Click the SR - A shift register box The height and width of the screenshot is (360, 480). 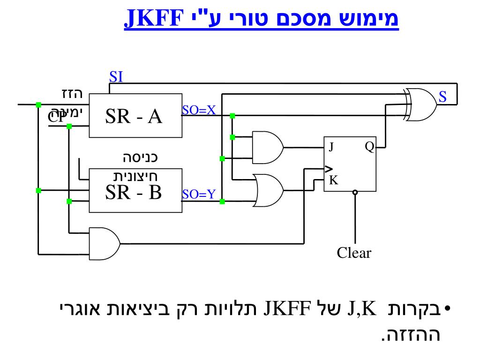pos(135,115)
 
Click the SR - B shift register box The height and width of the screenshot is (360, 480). pos(135,190)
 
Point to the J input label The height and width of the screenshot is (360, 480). pos(331,147)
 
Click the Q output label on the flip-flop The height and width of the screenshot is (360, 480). pos(369,147)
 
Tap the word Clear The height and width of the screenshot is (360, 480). pos(354,254)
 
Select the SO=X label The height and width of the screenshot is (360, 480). pos(198,111)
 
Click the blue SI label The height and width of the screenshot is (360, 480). pos(116,77)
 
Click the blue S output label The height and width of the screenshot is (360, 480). pos(442,97)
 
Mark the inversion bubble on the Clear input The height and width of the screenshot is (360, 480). pos(355,192)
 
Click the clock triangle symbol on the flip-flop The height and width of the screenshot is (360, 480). pos(329,169)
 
